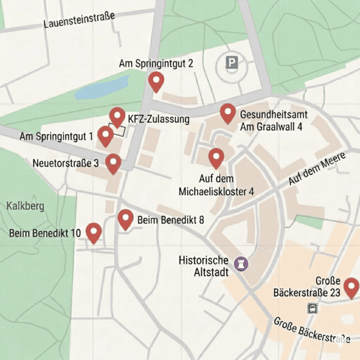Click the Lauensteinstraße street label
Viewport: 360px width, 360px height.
tap(79, 20)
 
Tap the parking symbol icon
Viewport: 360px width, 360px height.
tap(232, 62)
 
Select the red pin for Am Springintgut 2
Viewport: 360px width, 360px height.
tap(156, 82)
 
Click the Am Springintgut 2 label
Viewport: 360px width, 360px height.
tap(156, 64)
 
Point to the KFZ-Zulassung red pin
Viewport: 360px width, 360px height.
tap(117, 117)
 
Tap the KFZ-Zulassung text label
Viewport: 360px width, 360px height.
tap(159, 119)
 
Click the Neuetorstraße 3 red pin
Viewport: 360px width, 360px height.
tap(113, 164)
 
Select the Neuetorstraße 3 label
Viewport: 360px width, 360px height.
tap(66, 163)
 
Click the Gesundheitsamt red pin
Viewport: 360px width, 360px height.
tap(227, 113)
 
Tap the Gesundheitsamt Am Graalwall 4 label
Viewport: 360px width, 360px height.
tap(271, 120)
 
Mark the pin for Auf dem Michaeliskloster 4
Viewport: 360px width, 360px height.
tap(216, 158)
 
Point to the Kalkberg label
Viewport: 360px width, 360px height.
tap(25, 206)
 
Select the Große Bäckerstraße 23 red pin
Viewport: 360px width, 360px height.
tap(352, 287)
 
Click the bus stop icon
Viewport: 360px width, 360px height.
tap(312, 308)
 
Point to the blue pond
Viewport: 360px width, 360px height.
tap(101, 88)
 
